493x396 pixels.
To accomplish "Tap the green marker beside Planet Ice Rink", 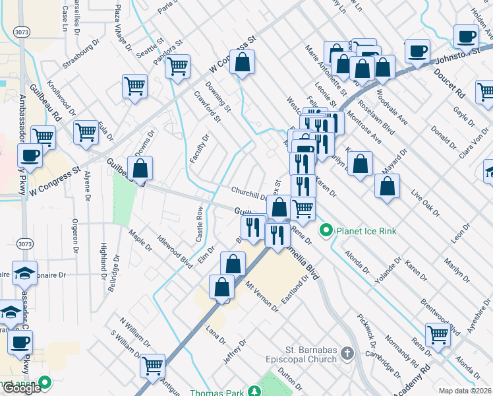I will tap(326, 231).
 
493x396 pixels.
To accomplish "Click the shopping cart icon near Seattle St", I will tap(134, 86).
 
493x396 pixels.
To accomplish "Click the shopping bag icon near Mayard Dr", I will tap(387, 185).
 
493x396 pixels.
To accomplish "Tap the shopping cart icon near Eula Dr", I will tap(86, 133).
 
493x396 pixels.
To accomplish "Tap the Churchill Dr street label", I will tap(248, 192).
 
